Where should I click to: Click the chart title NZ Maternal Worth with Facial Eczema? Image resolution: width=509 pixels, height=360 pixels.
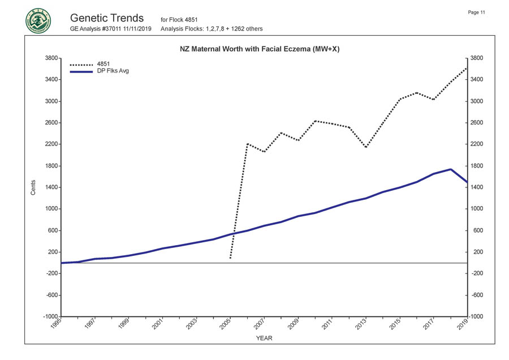pyautogui.click(x=263, y=49)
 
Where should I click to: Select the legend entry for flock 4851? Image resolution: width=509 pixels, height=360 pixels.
pyautogui.click(x=103, y=64)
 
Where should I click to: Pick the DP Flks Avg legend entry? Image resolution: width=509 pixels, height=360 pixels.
pyautogui.click(x=113, y=71)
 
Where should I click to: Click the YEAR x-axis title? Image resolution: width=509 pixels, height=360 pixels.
pyautogui.click(x=264, y=338)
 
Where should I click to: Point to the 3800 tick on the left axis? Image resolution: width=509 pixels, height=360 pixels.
pyautogui.click(x=50, y=58)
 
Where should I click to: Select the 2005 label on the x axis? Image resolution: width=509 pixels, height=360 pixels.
pyautogui.click(x=226, y=324)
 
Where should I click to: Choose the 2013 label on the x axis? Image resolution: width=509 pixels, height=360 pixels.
pyautogui.click(x=362, y=324)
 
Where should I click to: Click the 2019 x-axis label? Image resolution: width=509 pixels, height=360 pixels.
pyautogui.click(x=464, y=324)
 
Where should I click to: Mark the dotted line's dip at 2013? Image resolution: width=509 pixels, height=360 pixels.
pyautogui.click(x=366, y=147)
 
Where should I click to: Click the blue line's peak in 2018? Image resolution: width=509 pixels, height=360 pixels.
pyautogui.click(x=450, y=169)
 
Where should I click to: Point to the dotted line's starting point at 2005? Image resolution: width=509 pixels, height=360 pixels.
pyautogui.click(x=230, y=259)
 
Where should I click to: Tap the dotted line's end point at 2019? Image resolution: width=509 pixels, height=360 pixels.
pyautogui.click(x=467, y=68)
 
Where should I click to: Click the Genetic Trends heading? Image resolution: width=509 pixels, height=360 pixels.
pyautogui.click(x=107, y=18)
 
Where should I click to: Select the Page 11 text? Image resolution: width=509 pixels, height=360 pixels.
pyautogui.click(x=477, y=12)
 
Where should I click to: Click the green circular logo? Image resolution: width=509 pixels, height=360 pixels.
pyautogui.click(x=38, y=21)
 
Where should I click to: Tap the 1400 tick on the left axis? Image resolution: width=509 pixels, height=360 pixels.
pyautogui.click(x=50, y=187)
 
